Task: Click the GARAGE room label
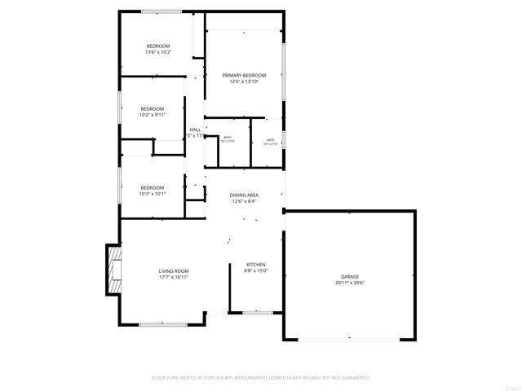(350, 277)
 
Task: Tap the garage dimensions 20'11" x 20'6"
(350, 283)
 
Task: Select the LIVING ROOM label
(174, 271)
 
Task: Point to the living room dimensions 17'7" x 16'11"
(174, 277)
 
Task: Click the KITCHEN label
(257, 265)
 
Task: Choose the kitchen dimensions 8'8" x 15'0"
(257, 270)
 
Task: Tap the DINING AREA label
(245, 195)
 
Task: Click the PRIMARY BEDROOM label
(245, 76)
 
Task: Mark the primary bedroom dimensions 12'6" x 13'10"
(245, 81)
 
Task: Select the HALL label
(195, 130)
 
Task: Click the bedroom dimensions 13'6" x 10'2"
(158, 52)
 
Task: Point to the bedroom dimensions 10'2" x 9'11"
(153, 115)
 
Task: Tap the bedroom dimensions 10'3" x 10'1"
(153, 194)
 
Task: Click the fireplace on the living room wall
(113, 270)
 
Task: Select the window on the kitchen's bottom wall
(258, 312)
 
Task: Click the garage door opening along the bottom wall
(349, 339)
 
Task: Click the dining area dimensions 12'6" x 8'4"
(245, 202)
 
